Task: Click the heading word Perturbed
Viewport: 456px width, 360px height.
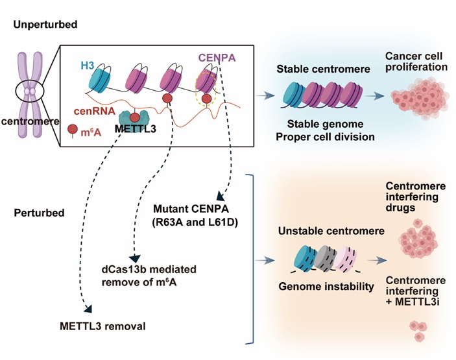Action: click(x=36, y=212)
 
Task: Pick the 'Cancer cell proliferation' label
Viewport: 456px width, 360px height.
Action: click(x=416, y=62)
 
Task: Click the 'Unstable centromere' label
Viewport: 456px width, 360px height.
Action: click(x=320, y=231)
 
